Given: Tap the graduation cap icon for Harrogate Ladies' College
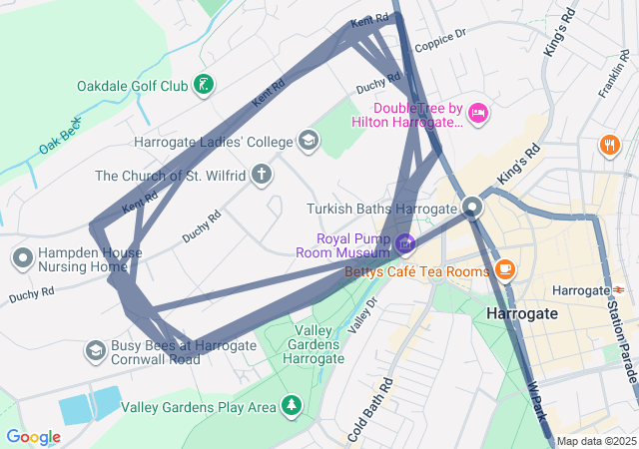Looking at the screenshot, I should pos(309,141).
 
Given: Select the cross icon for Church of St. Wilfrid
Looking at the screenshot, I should pos(262,176).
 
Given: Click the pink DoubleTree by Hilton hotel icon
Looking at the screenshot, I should pos(477,112).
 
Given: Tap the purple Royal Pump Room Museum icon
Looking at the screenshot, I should pos(404,242).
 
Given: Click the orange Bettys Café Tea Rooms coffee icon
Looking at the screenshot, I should pos(505,269).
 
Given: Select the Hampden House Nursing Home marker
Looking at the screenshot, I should pos(23,258).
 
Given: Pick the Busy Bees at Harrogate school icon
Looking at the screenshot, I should pos(95,350).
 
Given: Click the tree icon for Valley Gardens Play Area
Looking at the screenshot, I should pos(291,405).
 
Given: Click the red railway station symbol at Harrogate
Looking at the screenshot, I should pos(616,290).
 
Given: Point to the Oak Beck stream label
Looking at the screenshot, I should pos(59,136).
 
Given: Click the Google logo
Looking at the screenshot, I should pos(33,437).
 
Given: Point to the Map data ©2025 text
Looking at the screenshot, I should pos(596,441).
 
